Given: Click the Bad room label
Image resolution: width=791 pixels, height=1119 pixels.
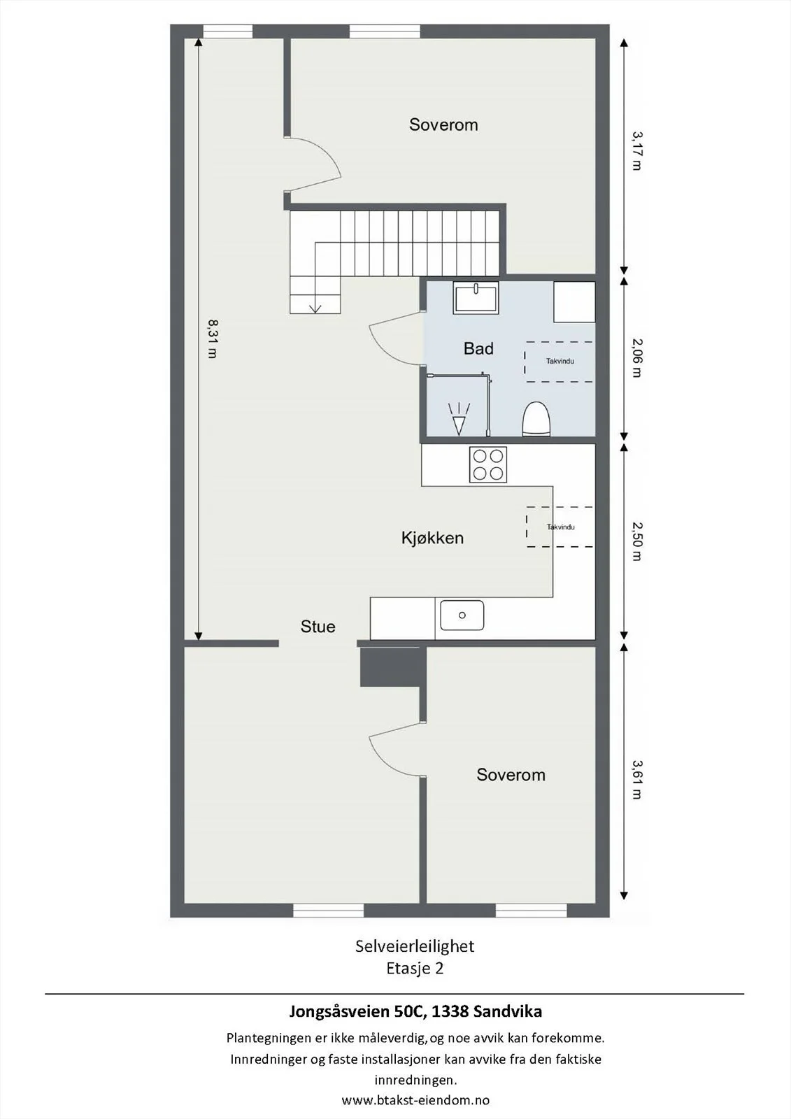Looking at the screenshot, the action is [478, 348].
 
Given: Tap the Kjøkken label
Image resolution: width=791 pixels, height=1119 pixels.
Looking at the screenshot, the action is [432, 538].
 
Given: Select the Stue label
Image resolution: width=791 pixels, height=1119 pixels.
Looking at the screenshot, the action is [318, 627].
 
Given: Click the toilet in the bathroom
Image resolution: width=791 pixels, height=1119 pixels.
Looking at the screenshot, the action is [536, 419].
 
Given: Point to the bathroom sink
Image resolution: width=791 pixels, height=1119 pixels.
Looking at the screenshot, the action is [476, 298].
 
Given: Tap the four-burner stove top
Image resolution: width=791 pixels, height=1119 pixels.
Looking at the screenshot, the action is [487, 464].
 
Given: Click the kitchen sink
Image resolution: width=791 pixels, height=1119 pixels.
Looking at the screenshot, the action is [462, 615].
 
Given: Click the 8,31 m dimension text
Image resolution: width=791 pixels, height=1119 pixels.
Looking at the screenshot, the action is [213, 338].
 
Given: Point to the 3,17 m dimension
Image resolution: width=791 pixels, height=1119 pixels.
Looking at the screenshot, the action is [636, 150].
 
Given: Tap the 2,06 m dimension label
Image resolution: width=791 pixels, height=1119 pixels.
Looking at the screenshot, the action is [636, 357].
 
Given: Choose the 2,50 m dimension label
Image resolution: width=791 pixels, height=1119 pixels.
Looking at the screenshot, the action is [636, 541].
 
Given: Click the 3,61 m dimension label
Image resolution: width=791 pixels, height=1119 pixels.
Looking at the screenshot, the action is [636, 779].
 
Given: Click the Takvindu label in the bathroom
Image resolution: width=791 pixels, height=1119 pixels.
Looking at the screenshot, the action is [560, 361].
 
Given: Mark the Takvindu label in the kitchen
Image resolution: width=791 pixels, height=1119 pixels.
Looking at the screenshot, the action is [560, 527].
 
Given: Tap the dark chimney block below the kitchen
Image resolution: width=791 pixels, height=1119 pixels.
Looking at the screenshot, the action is [393, 667].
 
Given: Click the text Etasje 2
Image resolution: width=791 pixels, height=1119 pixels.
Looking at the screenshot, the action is [415, 968].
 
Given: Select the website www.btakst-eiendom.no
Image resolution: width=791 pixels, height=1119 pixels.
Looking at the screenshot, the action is [415, 1100].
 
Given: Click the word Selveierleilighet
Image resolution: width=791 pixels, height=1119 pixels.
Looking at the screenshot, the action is [415, 946].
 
